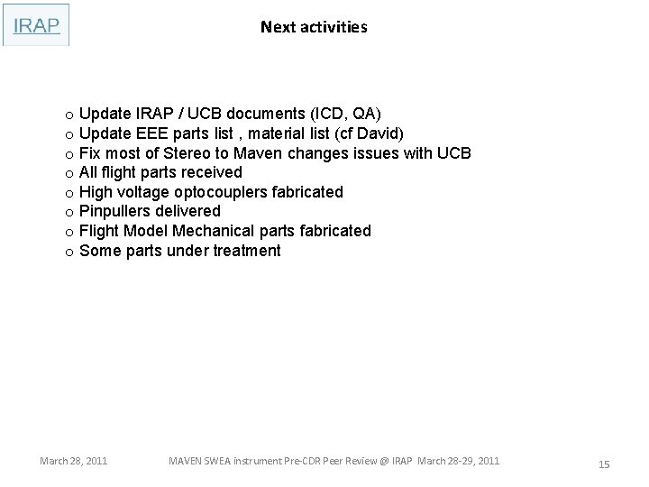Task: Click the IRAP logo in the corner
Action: pyautogui.click(x=36, y=25)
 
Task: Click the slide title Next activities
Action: pyautogui.click(x=314, y=27)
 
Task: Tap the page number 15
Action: pyautogui.click(x=604, y=464)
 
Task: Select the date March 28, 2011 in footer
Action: pyautogui.click(x=74, y=461)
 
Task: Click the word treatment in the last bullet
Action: pyautogui.click(x=246, y=251)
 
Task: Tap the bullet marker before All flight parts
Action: pyautogui.click(x=69, y=173)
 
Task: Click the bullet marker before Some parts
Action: pyautogui.click(x=69, y=252)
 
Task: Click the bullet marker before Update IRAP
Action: pyautogui.click(x=69, y=115)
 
